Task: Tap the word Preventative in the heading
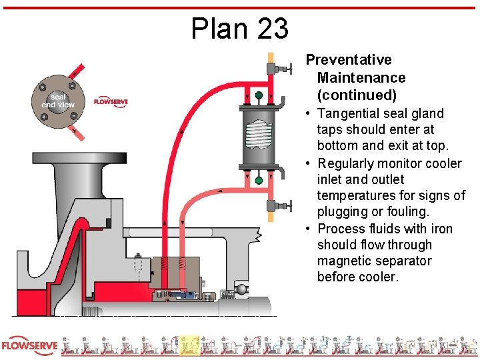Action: pos(349,60)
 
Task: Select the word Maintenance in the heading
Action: pos(361,78)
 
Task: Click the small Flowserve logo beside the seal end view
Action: pos(111,101)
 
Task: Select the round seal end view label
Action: pos(58,101)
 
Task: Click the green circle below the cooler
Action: pos(259,180)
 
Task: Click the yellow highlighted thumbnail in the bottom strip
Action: pos(189,346)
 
